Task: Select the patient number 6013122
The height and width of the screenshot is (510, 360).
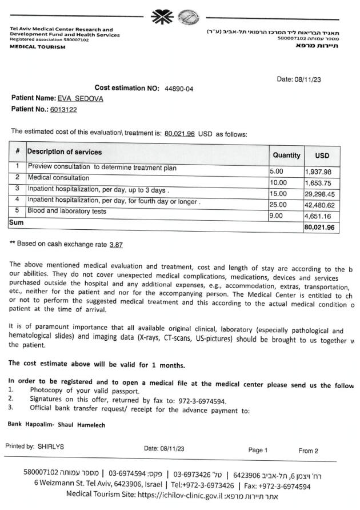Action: [63, 109]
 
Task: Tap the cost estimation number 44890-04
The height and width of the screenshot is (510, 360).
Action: [179, 88]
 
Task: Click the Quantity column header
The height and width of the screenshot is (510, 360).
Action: [286, 155]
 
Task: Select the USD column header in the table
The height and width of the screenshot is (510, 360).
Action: [322, 156]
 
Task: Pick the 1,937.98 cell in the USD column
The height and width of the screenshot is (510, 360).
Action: [322, 172]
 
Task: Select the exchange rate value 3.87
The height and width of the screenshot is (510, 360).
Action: [116, 244]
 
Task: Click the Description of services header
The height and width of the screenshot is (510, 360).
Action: [65, 152]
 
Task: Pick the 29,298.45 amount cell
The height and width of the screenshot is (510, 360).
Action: [322, 194]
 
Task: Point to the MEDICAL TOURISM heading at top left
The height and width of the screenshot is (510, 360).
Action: [38, 47]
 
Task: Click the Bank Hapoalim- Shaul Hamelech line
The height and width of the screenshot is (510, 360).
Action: [57, 425]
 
